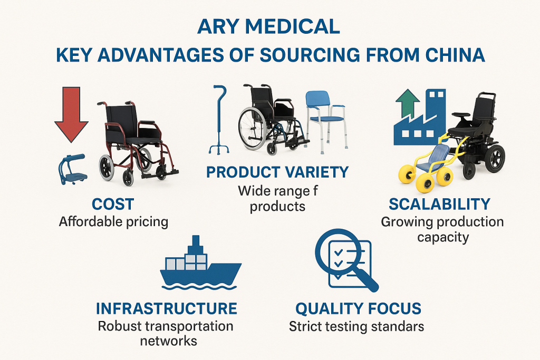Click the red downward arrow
pos(71,113)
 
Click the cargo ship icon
pos(201,263)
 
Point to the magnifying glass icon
pos(346,260)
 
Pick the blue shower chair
pos(326,121)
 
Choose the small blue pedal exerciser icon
pos(72,169)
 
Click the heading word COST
pos(113,205)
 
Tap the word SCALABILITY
pos(439,204)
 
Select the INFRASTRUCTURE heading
pos(167,308)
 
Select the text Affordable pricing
pos(114,222)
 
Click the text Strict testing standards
pos(356,326)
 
